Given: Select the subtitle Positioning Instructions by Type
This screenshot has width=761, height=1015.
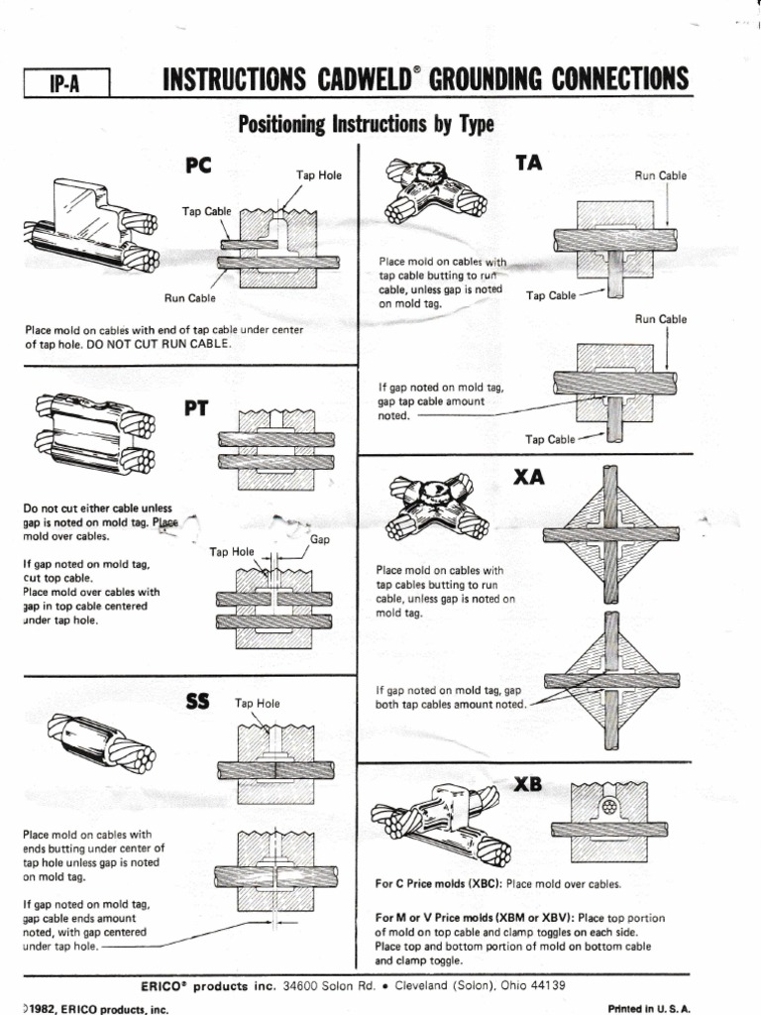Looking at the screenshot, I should [366, 125].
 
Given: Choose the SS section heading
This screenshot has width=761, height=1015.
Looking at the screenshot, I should [199, 702].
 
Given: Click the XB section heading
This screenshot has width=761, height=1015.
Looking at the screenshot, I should [529, 783].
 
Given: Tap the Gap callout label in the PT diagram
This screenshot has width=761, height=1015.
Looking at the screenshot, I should [320, 540].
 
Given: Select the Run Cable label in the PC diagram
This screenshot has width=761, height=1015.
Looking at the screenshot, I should [190, 297].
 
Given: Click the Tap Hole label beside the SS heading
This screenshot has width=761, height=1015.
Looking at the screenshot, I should [257, 704].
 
